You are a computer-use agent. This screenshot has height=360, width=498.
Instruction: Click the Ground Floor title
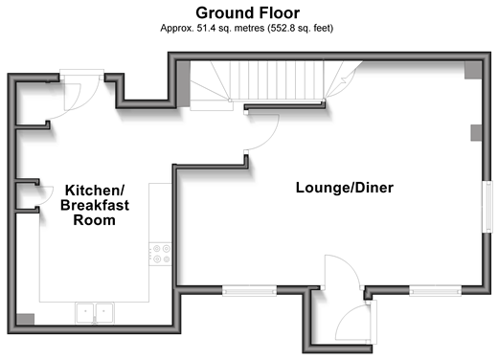[247, 13]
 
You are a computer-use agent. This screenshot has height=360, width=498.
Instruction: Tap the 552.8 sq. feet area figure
[302, 28]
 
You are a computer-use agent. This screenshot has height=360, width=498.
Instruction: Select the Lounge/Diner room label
[345, 188]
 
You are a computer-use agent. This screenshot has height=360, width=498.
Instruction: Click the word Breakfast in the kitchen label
[95, 205]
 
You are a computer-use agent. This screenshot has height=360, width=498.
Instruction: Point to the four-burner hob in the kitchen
[160, 254]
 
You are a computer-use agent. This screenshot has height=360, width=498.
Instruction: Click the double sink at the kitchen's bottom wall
[95, 313]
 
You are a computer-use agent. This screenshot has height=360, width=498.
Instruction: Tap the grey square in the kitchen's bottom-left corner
[25, 319]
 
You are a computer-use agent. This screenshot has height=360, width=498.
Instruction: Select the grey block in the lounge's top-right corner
[473, 70]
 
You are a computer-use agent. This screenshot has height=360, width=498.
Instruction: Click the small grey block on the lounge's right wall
[476, 133]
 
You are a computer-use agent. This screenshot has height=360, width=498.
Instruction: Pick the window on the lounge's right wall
[487, 207]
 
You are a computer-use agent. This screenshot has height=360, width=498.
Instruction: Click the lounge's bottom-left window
[249, 290]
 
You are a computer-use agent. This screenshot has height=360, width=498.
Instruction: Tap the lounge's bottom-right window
[436, 290]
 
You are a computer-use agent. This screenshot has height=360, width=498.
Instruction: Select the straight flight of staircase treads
[277, 80]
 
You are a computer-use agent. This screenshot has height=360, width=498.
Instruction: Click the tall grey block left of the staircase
[184, 84]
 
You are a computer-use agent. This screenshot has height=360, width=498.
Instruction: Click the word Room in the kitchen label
[95, 220]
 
